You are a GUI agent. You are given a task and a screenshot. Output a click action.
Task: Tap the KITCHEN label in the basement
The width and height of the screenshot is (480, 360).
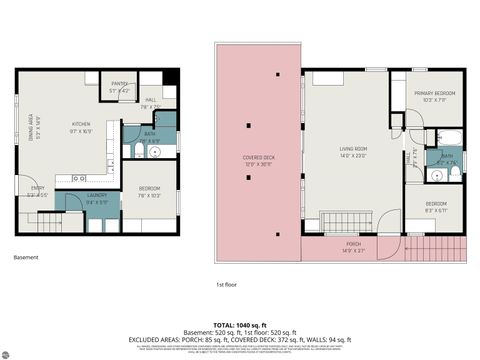(81, 126)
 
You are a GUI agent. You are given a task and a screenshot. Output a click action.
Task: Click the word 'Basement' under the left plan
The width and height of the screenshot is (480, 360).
(27, 258)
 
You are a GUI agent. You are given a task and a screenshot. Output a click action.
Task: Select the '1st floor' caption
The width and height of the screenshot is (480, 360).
(226, 285)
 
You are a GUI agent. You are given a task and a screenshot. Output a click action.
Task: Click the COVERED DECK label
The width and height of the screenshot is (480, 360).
(258, 159)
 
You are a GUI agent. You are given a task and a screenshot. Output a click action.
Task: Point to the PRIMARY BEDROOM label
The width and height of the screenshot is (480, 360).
(434, 94)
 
